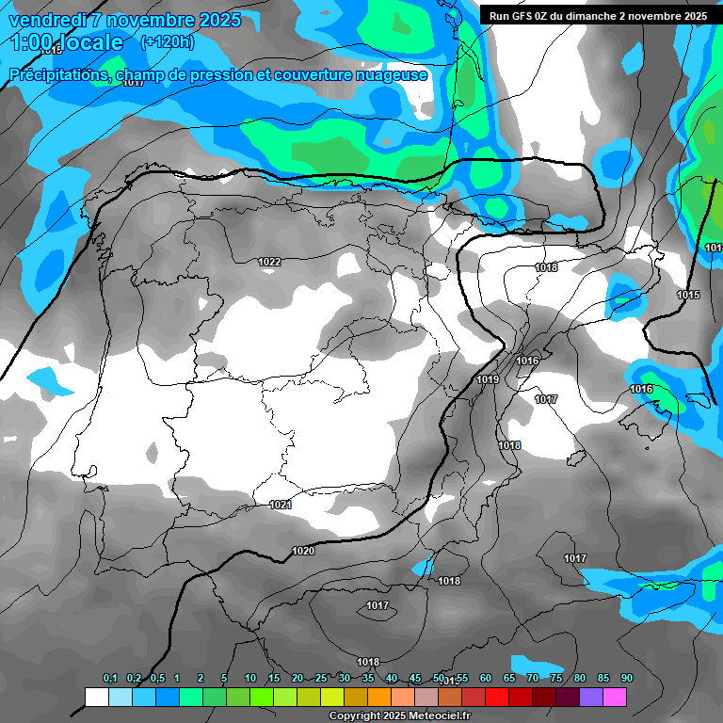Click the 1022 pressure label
coord(269,262)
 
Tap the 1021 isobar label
coord(281,505)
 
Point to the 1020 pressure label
coord(303,551)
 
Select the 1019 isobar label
coord(487,379)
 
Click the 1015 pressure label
coord(688,295)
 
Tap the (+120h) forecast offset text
coord(168,41)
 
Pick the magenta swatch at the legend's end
coord(615,697)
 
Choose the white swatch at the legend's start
coord(96,697)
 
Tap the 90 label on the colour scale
coord(627,678)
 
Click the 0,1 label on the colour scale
coord(109,678)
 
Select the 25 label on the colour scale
coord(321,678)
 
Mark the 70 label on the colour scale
coord(533,678)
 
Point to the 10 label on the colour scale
coord(250,678)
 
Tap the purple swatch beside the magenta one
coord(591,697)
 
